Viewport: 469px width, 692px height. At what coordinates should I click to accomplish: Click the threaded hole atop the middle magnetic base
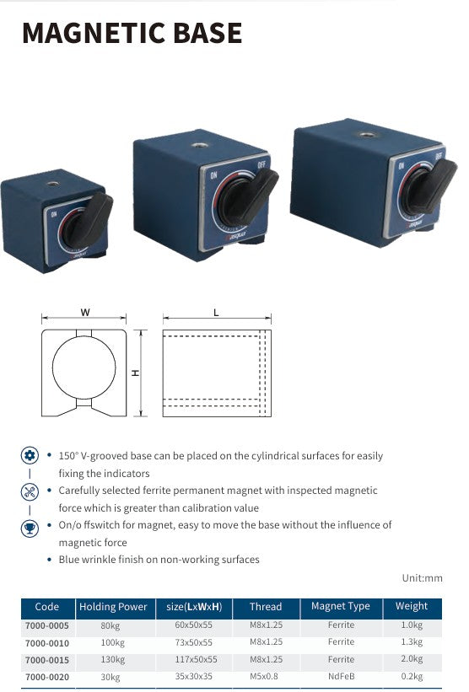click(x=199, y=145)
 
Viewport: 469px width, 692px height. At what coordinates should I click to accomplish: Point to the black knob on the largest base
click(x=429, y=186)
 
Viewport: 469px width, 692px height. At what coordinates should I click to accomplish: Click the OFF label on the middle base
click(x=261, y=166)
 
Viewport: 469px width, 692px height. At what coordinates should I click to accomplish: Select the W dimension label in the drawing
click(x=85, y=313)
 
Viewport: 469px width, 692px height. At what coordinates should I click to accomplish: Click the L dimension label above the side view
click(x=216, y=313)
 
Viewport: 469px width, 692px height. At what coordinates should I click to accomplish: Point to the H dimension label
click(x=136, y=373)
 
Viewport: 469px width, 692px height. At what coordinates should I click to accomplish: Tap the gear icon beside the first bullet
click(x=30, y=455)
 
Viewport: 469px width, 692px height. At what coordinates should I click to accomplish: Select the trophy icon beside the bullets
click(x=30, y=528)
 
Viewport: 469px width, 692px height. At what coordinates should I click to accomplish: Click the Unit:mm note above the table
click(x=422, y=578)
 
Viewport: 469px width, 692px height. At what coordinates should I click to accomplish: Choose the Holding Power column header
click(x=113, y=607)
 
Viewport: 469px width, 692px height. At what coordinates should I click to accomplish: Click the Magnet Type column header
click(x=341, y=606)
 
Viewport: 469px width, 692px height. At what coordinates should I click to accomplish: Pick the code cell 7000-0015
click(x=47, y=660)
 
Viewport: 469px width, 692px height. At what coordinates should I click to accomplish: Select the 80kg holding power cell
click(x=111, y=625)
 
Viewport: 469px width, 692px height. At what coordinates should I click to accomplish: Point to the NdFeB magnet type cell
click(x=342, y=676)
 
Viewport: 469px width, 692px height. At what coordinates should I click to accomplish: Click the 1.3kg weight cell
click(x=412, y=642)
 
